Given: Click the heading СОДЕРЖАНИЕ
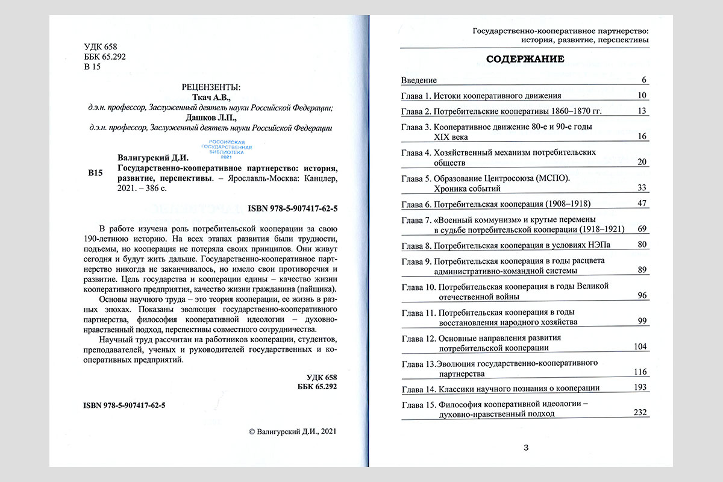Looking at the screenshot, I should coord(525,59).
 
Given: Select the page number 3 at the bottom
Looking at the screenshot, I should coord(526,447).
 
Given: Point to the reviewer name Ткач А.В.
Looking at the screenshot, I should coord(210,97).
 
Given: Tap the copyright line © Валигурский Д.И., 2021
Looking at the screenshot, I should coord(292,431).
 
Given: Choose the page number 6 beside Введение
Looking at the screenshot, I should coord(643,80).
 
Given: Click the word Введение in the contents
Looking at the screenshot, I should coord(419,80).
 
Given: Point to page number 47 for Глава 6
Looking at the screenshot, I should coord(641,204).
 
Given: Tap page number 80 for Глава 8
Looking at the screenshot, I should coord(641,245).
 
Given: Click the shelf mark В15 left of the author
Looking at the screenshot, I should coord(96,174).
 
